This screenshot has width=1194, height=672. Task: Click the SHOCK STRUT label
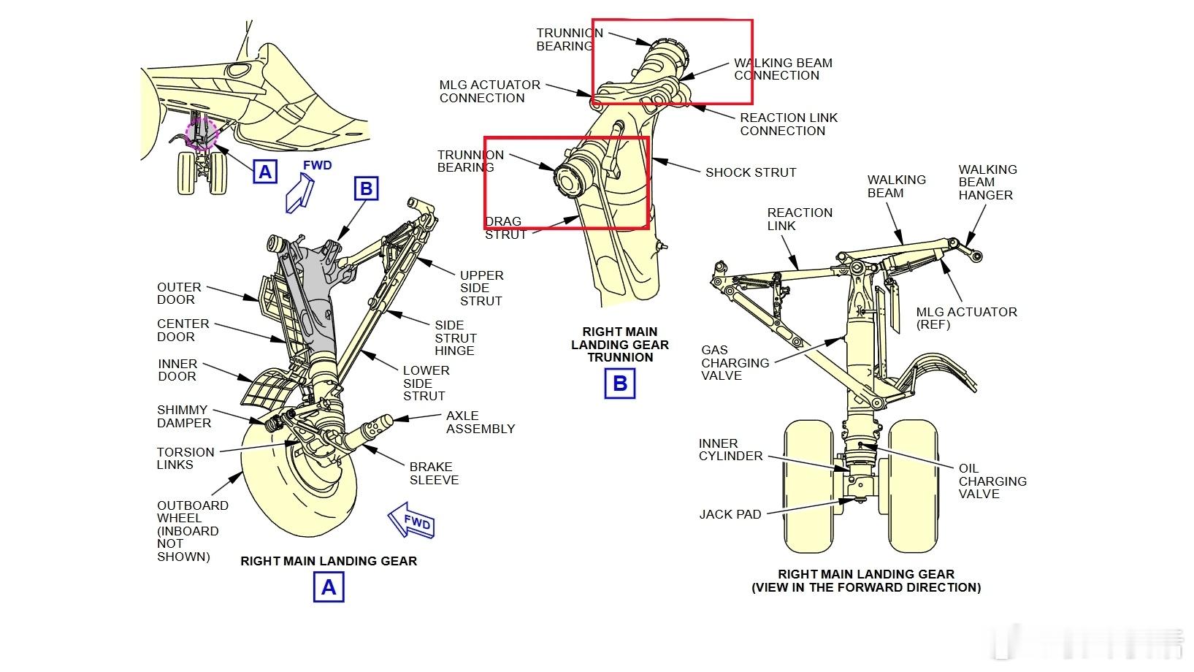click(750, 172)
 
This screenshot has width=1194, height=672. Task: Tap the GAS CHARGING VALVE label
click(735, 363)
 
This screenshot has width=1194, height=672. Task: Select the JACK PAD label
click(730, 514)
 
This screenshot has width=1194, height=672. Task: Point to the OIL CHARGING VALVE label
click(992, 481)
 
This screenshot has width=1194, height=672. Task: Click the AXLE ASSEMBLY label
click(480, 422)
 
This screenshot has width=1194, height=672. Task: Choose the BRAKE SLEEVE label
click(434, 473)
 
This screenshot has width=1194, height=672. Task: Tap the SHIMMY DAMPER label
click(183, 416)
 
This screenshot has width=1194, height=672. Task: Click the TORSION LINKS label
click(185, 458)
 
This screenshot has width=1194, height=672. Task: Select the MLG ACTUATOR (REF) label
click(966, 318)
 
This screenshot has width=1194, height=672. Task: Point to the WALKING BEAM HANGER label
click(987, 182)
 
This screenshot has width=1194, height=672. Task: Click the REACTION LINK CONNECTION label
click(788, 124)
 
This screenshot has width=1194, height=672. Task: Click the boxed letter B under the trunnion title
click(620, 383)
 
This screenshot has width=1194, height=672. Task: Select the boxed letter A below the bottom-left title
click(329, 587)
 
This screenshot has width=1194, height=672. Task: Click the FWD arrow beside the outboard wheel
click(412, 521)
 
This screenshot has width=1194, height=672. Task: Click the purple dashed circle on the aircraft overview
click(201, 133)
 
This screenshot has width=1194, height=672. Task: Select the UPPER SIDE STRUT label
click(481, 288)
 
